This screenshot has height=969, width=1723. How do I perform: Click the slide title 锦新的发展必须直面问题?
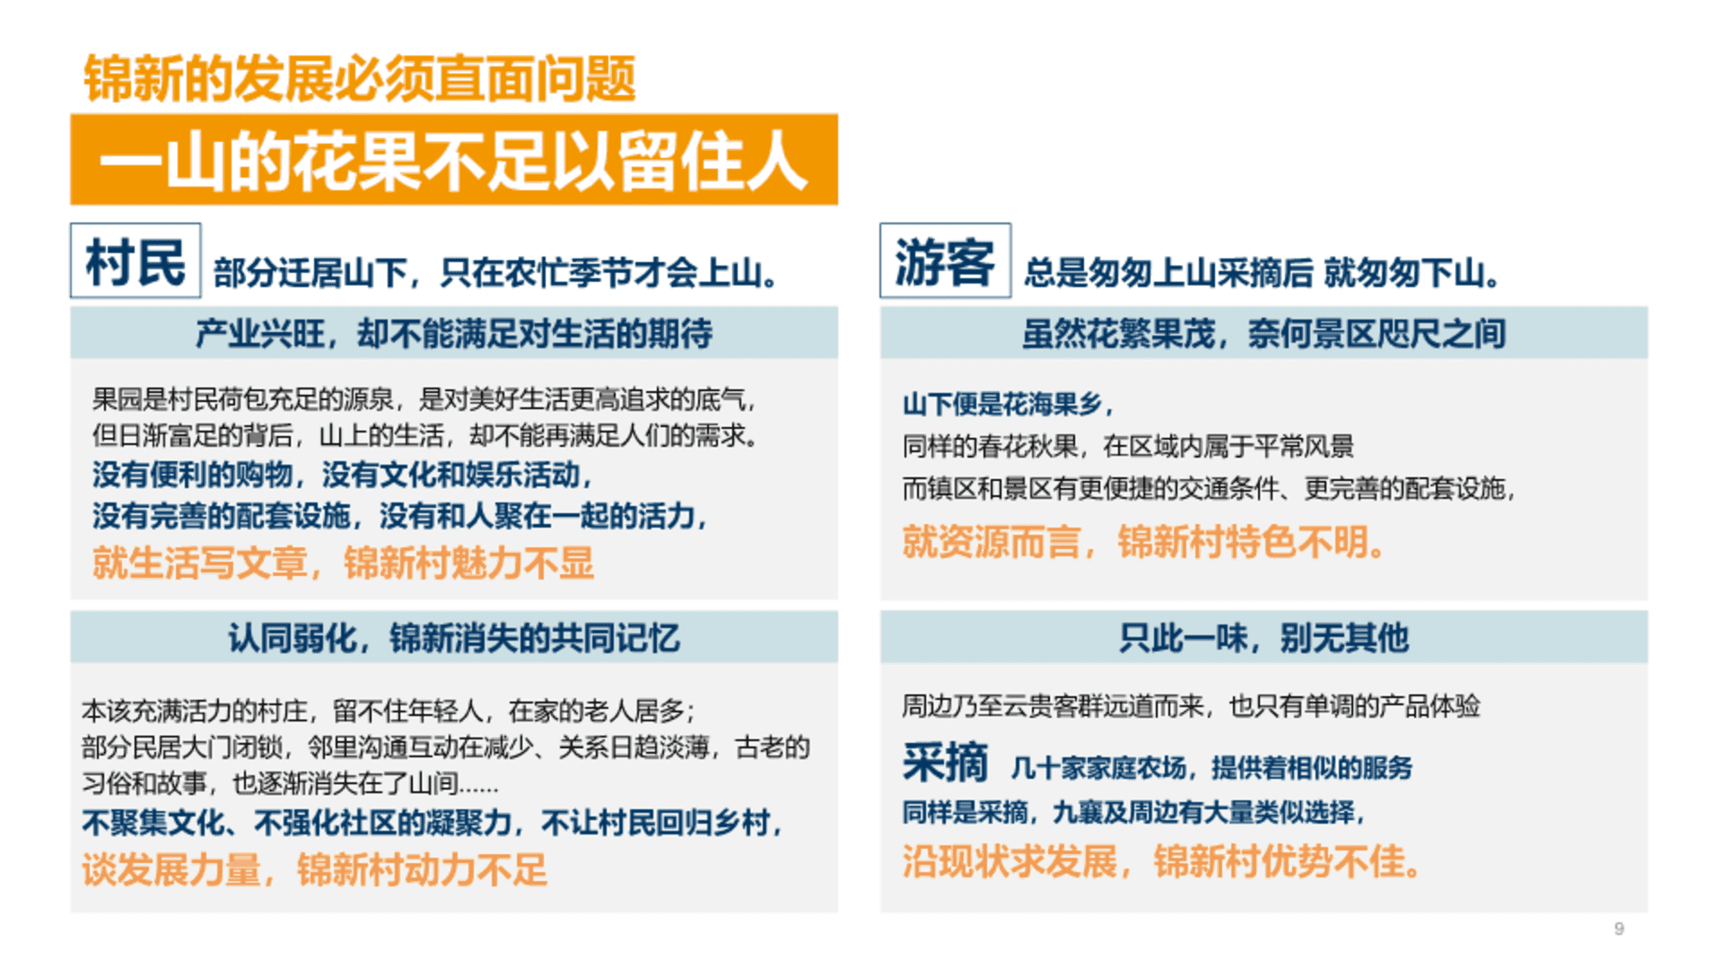[360, 79]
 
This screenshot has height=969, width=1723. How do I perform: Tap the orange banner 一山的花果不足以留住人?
[454, 160]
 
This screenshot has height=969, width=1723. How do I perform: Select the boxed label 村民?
[136, 261]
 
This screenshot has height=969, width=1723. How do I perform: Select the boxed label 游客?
[945, 261]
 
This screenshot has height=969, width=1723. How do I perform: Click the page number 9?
[1619, 929]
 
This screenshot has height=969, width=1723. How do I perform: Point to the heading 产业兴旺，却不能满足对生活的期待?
[454, 334]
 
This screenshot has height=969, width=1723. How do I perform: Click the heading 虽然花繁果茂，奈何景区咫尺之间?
[1264, 334]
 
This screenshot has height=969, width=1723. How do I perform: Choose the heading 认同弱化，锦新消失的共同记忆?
[454, 638]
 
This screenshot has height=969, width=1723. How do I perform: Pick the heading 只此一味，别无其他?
[1264, 638]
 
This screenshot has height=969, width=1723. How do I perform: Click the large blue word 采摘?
[945, 764]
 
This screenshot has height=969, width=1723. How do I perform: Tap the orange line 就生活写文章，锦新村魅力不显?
[343, 563]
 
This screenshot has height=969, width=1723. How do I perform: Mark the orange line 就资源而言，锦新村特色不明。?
[1145, 542]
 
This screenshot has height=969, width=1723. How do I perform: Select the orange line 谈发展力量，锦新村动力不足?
[314, 869]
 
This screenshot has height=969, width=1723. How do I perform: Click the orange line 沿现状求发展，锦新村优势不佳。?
[1162, 861]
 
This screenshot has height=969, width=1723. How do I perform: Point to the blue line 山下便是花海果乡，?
[1009, 404]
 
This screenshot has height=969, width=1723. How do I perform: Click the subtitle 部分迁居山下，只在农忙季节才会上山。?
[496, 273]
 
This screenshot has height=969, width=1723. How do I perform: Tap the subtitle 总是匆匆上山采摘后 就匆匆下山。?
[1263, 273]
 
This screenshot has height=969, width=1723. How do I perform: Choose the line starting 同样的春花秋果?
[1128, 446]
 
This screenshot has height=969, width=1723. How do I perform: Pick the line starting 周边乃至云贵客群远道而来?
[1191, 706]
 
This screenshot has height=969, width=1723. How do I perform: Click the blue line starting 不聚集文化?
[433, 823]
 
